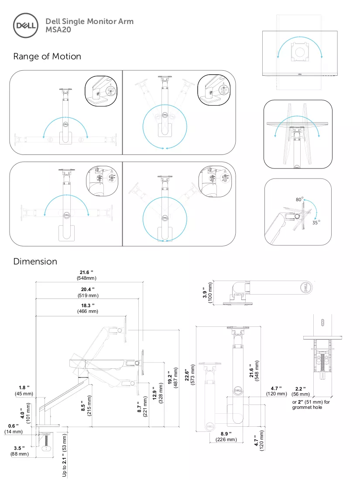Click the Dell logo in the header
point(26,25)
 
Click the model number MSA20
point(58,30)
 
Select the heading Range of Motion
point(47,56)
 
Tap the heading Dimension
point(35,261)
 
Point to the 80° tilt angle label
point(299,199)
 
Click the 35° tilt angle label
point(316,222)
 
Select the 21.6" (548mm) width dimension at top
point(87,275)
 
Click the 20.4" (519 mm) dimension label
point(88,292)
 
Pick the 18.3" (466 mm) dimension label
point(88,308)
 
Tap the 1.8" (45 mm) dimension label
point(24,391)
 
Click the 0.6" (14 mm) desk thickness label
point(14,429)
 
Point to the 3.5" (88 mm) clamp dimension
point(19,451)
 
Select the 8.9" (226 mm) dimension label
point(226,436)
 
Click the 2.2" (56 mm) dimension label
point(301,391)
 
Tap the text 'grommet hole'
point(307,407)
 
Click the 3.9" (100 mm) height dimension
point(207,292)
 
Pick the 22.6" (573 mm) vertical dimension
point(189,374)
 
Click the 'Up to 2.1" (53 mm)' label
point(64,455)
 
